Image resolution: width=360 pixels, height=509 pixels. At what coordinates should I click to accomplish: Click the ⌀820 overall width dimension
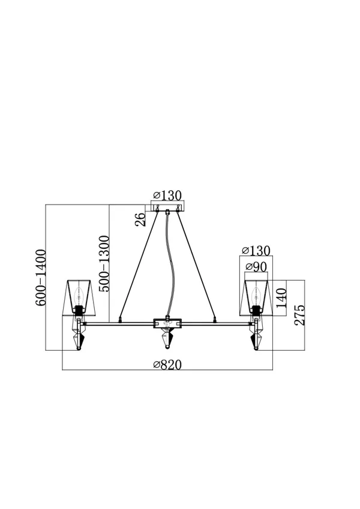(167, 365)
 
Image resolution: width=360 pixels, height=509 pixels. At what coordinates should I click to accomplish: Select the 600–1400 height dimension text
(41, 278)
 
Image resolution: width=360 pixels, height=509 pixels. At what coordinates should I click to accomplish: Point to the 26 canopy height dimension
(140, 219)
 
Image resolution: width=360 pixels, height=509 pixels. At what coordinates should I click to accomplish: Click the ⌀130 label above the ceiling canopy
(167, 195)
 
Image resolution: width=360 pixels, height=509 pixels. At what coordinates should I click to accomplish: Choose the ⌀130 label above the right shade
(256, 251)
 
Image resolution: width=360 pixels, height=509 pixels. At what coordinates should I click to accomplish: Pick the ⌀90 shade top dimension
(256, 267)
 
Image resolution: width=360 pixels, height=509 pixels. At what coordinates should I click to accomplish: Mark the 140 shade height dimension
(281, 298)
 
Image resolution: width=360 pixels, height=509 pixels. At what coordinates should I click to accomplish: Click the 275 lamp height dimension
(299, 315)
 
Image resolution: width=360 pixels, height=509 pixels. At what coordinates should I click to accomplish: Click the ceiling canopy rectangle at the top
(167, 207)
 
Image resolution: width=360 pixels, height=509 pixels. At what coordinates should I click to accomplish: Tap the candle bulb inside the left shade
(78, 295)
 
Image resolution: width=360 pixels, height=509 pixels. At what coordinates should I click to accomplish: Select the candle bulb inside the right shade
(256, 295)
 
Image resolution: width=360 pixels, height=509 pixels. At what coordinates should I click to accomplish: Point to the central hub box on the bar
(167, 323)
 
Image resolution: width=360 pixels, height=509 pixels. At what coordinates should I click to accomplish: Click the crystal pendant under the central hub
(167, 338)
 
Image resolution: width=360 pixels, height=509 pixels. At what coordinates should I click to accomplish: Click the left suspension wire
(139, 264)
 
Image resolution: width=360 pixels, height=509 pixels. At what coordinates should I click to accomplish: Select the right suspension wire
(196, 264)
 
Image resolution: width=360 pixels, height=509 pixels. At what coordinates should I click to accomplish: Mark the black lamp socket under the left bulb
(78, 310)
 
